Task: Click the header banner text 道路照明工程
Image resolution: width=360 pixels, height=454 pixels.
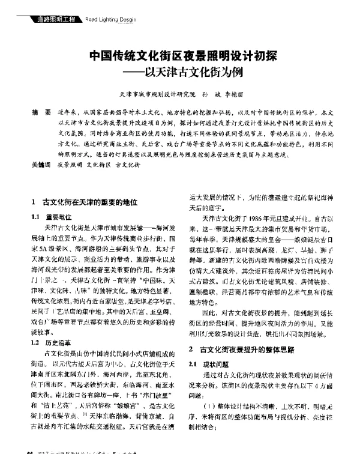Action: pyautogui.click(x=53, y=20)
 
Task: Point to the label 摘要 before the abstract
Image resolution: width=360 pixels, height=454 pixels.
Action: pyautogui.click(x=38, y=112)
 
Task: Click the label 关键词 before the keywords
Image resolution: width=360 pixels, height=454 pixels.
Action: pyautogui.click(x=40, y=163)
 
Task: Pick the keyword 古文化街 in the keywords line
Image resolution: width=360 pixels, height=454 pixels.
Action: pyautogui.click(x=129, y=163)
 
